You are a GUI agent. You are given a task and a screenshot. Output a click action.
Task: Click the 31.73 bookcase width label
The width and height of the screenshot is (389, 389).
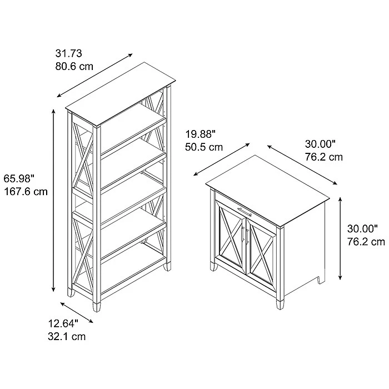(68, 53)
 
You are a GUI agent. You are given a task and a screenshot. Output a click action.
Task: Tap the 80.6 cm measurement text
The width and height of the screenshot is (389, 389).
(74, 67)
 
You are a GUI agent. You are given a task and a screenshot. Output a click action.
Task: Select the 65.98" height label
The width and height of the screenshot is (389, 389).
(19, 178)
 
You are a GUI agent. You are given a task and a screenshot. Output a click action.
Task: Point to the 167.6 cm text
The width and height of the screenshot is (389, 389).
(26, 192)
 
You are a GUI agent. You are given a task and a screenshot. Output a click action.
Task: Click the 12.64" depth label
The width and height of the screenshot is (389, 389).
(63, 323)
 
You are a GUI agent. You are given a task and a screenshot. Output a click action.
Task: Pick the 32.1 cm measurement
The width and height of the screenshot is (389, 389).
(67, 337)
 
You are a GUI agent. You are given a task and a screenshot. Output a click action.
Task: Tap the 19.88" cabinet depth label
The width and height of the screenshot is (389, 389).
(201, 134)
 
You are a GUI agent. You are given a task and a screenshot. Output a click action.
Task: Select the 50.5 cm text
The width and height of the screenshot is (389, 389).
(204, 147)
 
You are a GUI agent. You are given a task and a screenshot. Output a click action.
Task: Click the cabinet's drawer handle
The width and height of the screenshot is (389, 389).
(245, 212)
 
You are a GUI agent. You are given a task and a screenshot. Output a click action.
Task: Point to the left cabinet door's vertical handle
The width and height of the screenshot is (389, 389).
(242, 235)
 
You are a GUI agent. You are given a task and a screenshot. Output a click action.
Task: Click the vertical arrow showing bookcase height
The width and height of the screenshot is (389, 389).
(53, 200)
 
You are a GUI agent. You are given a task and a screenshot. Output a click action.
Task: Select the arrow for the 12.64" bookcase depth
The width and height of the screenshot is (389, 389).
(77, 312)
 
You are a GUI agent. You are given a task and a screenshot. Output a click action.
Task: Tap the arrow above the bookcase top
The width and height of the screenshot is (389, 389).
(95, 75)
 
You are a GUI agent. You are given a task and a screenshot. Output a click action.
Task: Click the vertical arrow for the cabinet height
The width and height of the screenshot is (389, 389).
(341, 238)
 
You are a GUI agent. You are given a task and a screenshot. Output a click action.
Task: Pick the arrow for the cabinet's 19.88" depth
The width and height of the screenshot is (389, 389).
(222, 159)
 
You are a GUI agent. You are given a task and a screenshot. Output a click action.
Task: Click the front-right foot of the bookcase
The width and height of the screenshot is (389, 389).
(97, 306)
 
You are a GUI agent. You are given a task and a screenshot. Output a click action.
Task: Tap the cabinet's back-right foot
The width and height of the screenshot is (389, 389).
(321, 280)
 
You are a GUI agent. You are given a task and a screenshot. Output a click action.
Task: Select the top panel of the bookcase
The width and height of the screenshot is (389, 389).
(121, 94)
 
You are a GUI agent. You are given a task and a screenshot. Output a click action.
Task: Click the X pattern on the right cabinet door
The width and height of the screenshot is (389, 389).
(262, 255)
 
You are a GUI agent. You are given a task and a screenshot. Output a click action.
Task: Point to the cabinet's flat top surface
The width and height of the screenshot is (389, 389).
(267, 191)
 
